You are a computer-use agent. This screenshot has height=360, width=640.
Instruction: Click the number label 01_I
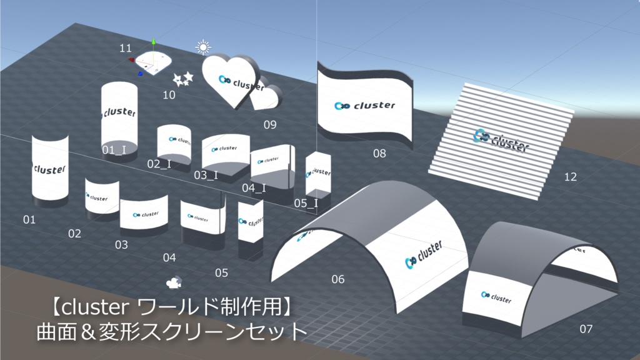click(x=114, y=149)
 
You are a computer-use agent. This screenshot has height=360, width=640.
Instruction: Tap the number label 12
click(x=570, y=177)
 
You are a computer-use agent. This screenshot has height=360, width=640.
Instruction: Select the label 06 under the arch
click(x=337, y=279)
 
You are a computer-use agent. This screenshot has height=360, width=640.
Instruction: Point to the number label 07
click(x=586, y=329)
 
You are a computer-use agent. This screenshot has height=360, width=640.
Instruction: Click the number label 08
click(x=379, y=154)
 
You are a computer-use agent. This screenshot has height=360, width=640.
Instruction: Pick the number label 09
click(x=269, y=124)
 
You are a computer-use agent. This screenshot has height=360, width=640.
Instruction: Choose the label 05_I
click(x=306, y=203)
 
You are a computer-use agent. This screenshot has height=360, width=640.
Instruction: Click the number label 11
click(x=126, y=48)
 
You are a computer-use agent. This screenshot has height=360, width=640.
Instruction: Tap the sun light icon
click(x=202, y=47)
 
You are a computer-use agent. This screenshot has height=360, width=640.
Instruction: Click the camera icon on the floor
click(x=173, y=282)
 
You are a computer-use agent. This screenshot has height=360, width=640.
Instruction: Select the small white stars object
click(x=183, y=79)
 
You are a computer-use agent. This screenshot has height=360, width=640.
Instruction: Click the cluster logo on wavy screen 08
click(x=365, y=106)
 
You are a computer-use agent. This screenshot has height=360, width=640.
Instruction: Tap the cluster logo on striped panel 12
click(x=502, y=141)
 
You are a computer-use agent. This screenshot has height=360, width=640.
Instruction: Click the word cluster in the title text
click(x=93, y=307)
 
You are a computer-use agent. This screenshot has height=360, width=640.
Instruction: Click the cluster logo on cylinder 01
click(x=49, y=169)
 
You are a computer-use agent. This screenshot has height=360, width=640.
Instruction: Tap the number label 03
click(x=121, y=244)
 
